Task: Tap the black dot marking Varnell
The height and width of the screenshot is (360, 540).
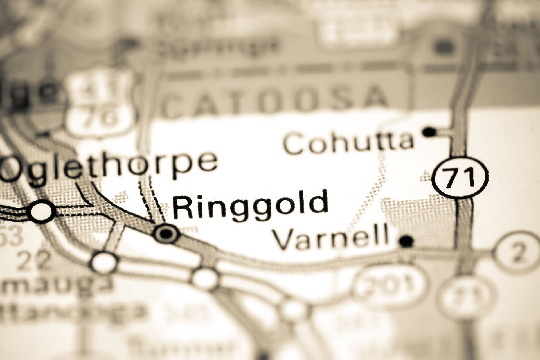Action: coord(406,241)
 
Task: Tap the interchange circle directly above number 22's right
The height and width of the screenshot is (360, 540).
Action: coord(104,261)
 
